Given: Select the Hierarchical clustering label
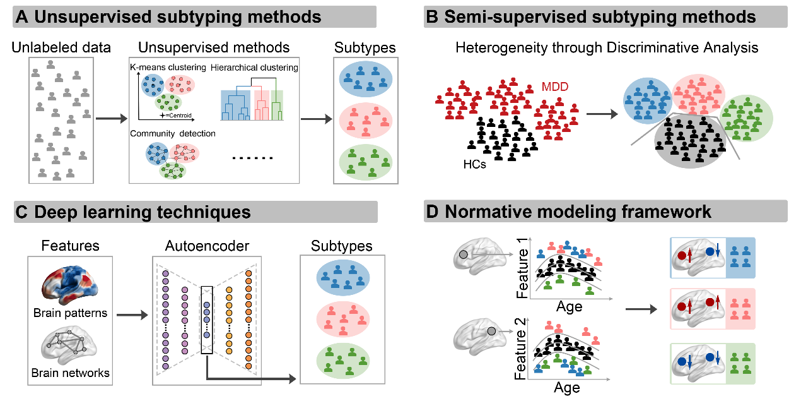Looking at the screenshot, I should (254, 68).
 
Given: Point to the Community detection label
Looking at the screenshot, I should (173, 134).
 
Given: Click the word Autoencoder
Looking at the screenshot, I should (205, 246).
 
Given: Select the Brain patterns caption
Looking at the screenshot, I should (70, 313).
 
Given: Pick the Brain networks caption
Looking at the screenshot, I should (70, 373).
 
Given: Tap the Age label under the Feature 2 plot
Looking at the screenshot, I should (566, 387).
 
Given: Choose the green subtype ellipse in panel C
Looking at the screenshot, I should (342, 360).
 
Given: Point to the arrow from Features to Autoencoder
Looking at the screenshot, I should (132, 312).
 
